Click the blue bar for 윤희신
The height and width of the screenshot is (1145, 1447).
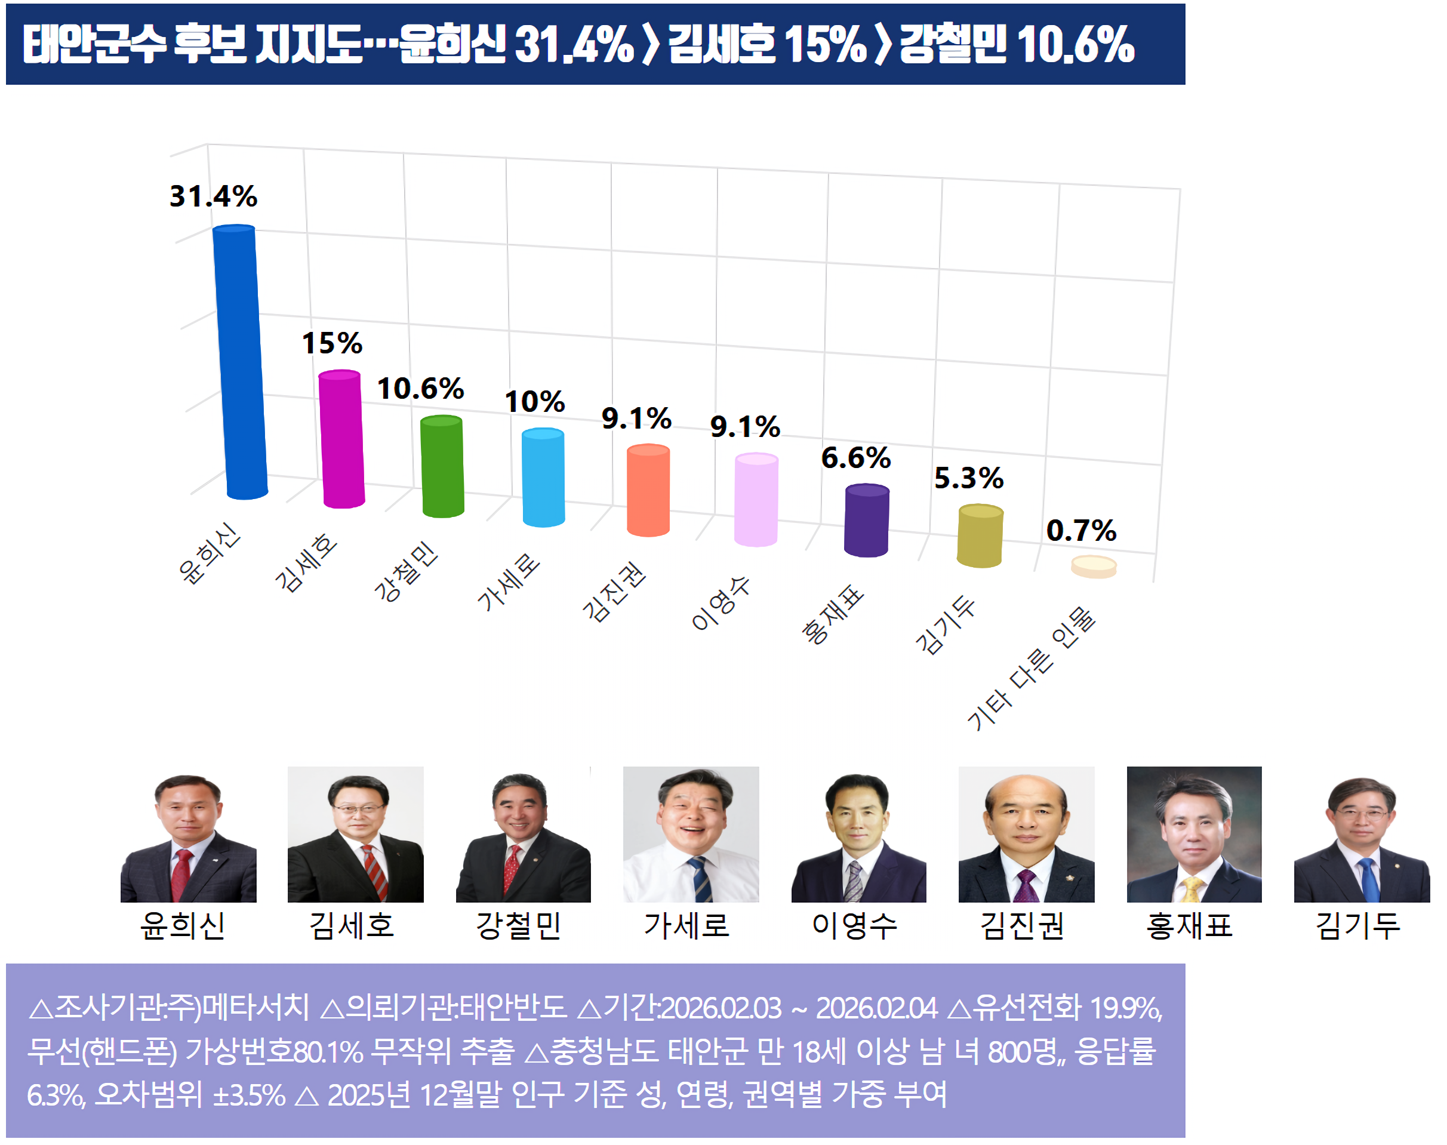tap(240, 362)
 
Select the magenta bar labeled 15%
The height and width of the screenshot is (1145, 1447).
tap(341, 439)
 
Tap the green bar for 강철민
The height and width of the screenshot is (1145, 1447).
tap(442, 467)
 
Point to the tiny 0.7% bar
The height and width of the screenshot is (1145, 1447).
tap(1093, 567)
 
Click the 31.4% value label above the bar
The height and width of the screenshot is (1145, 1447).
tap(213, 196)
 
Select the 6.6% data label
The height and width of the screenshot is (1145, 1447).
tap(856, 458)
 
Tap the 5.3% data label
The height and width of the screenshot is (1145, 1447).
tap(968, 478)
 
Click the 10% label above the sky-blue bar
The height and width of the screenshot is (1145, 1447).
tap(534, 402)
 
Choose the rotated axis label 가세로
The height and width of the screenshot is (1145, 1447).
tap(508, 582)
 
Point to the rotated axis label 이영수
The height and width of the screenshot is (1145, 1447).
tap(721, 604)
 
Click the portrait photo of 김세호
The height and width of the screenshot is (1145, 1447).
tap(355, 834)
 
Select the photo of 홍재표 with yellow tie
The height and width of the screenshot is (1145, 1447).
tap(1194, 834)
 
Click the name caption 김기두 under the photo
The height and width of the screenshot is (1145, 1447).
tap(1358, 926)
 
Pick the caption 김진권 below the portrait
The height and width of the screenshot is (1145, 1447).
tap(1022, 926)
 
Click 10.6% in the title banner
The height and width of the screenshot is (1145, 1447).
tap(1075, 45)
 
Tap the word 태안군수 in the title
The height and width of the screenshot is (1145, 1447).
tap(94, 45)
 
